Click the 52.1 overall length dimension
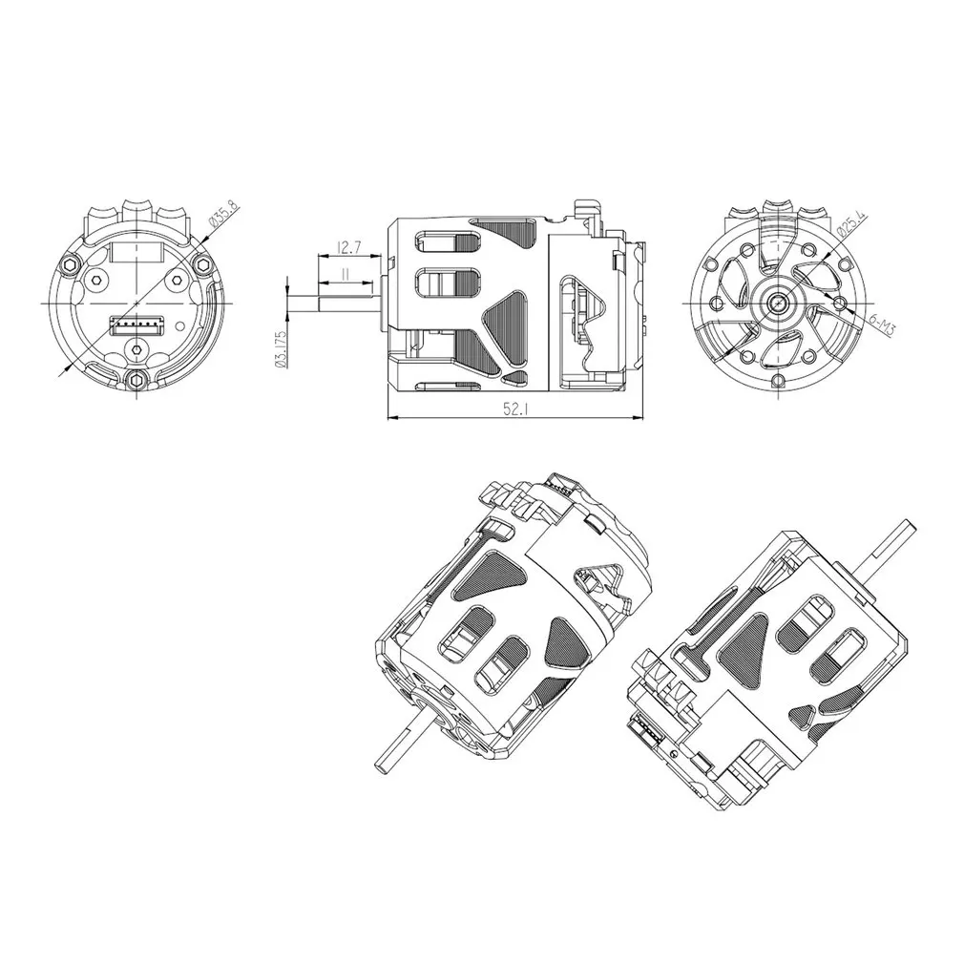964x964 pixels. pos(514,409)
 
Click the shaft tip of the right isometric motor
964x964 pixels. pos(909,523)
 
